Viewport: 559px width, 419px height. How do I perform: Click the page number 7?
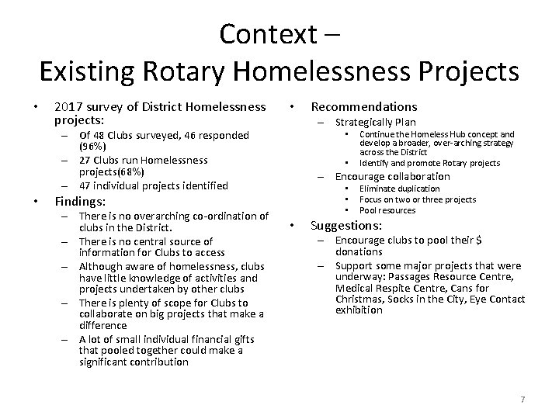pyautogui.click(x=523, y=399)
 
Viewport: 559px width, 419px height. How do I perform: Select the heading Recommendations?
pyautogui.click(x=364, y=107)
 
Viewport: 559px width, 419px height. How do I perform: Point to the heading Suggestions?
pyautogui.click(x=346, y=226)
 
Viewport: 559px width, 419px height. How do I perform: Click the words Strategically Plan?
pyautogui.click(x=376, y=122)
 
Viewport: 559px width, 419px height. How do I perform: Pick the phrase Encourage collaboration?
pyautogui.click(x=382, y=176)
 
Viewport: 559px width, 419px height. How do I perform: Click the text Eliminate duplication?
pyautogui.click(x=399, y=189)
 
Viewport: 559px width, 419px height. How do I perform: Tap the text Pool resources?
pyautogui.click(x=387, y=210)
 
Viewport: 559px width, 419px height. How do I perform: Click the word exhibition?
pyautogui.click(x=359, y=310)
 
